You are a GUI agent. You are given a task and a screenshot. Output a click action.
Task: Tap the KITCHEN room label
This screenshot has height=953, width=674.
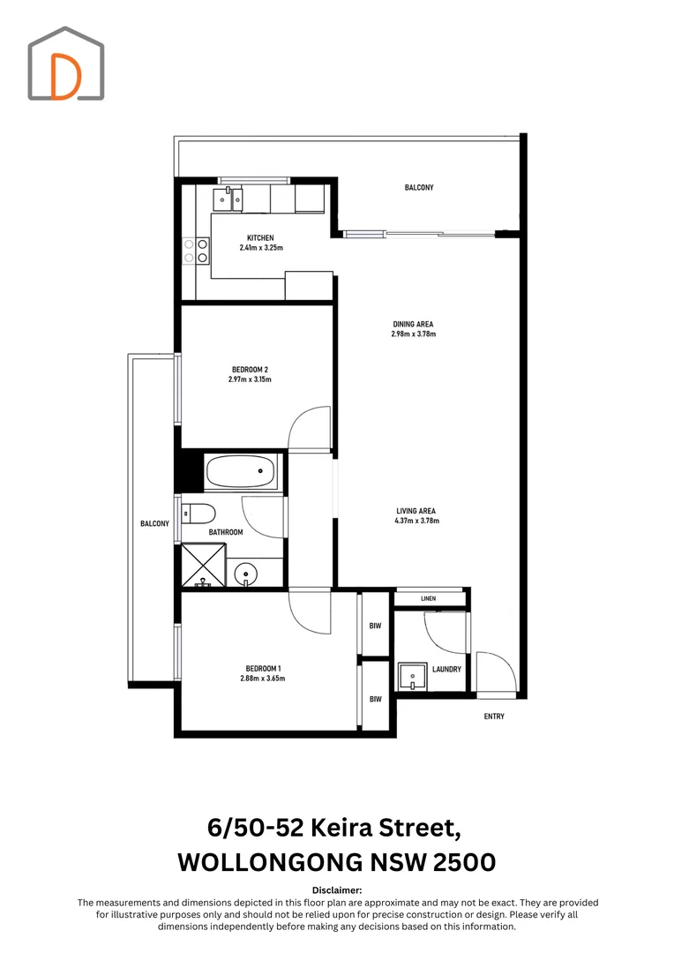(260, 238)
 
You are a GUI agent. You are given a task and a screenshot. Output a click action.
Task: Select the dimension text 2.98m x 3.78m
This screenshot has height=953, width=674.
(413, 334)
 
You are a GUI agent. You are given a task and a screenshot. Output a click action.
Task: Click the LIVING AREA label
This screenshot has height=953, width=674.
(414, 511)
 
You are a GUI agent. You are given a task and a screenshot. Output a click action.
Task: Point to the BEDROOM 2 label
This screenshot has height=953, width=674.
(250, 369)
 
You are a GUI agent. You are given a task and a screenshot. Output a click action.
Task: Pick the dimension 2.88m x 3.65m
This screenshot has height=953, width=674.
(262, 679)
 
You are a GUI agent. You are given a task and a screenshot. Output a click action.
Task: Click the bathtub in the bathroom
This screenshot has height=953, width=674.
(242, 472)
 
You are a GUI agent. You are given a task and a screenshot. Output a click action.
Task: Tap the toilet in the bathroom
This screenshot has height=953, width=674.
(198, 513)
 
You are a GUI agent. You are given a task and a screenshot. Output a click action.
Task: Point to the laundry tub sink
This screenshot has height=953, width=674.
(411, 677)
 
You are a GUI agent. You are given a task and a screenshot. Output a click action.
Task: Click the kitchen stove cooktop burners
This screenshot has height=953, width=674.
(195, 251)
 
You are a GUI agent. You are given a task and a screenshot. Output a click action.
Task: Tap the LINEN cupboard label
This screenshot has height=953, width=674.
(429, 599)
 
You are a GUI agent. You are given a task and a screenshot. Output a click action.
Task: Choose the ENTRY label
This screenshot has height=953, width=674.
(494, 717)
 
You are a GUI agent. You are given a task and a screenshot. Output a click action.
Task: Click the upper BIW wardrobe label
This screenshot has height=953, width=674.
(375, 626)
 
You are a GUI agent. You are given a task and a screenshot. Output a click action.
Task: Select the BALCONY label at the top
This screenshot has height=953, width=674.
(419, 188)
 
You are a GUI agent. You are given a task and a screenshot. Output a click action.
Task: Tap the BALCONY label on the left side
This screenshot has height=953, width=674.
(154, 524)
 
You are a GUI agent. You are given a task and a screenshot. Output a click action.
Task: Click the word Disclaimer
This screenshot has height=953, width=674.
(337, 891)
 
